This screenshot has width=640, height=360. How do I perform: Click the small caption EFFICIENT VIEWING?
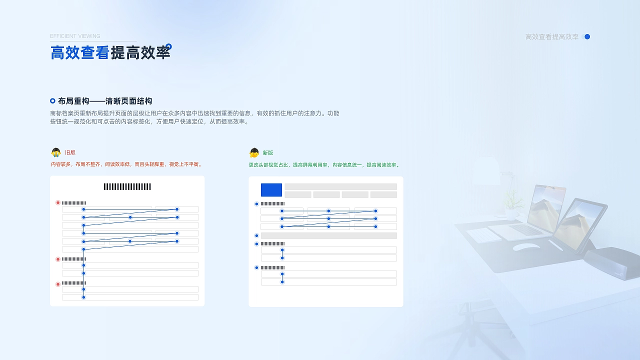(x=75, y=36)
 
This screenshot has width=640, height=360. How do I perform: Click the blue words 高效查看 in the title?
(x=80, y=52)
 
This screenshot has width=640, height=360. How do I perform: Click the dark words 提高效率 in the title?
(x=140, y=52)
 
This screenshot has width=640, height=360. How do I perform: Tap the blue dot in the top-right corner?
(x=587, y=36)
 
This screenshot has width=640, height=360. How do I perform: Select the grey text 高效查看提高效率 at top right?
(x=551, y=37)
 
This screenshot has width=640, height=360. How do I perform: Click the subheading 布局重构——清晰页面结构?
(x=105, y=101)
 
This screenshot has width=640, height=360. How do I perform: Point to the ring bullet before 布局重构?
(x=52, y=101)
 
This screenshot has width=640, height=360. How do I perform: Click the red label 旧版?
(x=70, y=152)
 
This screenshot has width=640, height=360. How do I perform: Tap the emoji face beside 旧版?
(x=56, y=152)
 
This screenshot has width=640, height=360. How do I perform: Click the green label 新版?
(x=268, y=153)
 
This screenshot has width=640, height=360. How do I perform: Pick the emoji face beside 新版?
(x=254, y=152)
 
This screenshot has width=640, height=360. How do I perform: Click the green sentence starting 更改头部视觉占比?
(x=324, y=165)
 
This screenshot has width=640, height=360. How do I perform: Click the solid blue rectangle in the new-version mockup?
(x=271, y=190)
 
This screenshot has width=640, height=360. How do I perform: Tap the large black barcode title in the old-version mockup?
(x=127, y=187)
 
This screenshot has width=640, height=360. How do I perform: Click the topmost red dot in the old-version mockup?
(x=58, y=203)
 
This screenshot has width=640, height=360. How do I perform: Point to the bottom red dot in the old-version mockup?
(x=58, y=284)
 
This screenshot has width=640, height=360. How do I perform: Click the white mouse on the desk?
(x=526, y=246)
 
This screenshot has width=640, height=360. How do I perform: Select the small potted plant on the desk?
(x=511, y=205)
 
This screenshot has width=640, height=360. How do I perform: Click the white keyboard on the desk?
(x=484, y=235)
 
